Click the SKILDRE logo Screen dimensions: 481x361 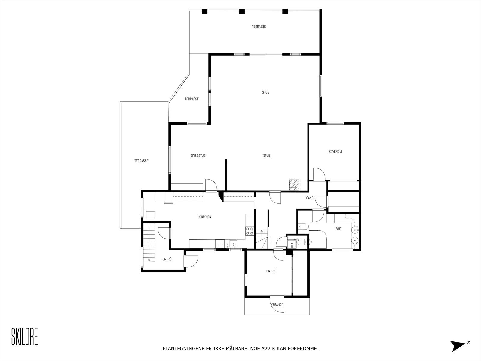pos(25,336)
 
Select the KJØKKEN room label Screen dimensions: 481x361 pos(205,217)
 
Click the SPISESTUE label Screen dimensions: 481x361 pos(198,156)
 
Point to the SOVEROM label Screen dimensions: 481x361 pos(335,151)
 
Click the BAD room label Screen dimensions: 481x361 pos(338,229)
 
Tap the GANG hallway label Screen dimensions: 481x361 pos(310,198)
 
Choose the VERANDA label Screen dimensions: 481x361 pos(277,304)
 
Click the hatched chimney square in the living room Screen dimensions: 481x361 pos(294,185)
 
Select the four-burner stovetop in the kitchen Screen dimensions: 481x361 pos(250,231)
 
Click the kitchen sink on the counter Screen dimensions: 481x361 pos(233,244)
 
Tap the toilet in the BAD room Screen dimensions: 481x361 pos(303,226)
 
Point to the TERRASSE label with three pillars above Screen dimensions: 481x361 pos(259,26)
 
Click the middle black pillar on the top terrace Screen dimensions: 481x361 pos(242,11)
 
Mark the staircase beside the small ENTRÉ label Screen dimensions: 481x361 pos(149,242)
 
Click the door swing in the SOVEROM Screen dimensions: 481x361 pos(319,174)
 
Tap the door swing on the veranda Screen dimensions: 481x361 pos(277,304)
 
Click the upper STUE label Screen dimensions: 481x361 pos(265,92)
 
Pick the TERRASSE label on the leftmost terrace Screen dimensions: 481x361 pos(141,161)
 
